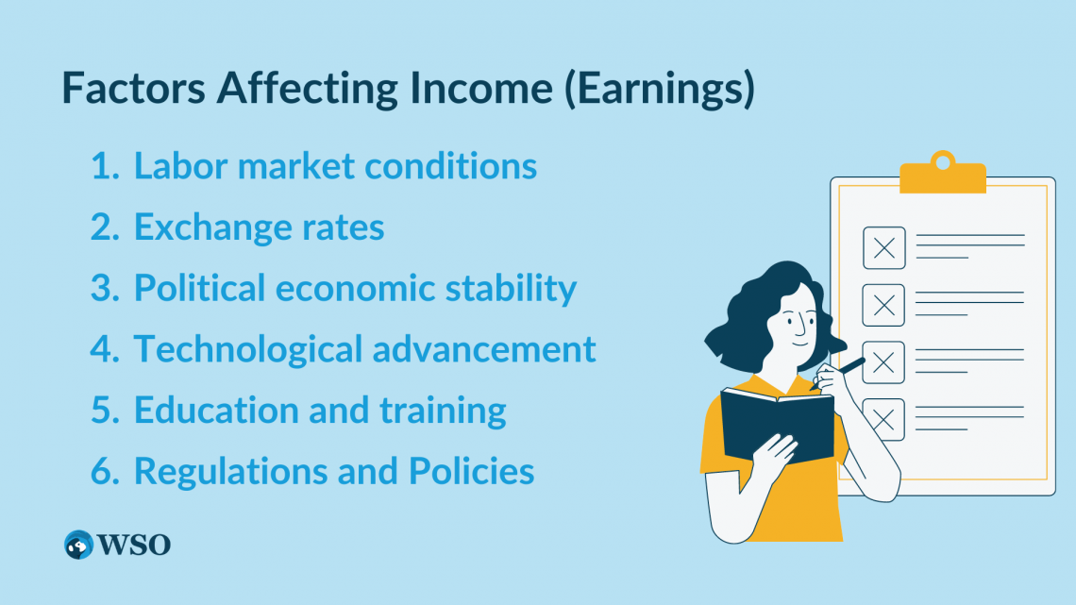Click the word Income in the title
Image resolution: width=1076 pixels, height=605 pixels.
[481, 88]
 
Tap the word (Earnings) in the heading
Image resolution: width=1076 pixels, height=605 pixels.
[660, 89]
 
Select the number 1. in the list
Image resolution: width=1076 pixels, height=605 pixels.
[105, 166]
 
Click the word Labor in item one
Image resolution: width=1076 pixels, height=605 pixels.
[179, 165]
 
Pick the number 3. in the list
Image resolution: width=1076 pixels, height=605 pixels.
[105, 288]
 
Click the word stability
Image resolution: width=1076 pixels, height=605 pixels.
[512, 288]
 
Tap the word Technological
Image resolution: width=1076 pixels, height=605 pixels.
[247, 349]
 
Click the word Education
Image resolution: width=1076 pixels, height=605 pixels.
[216, 411]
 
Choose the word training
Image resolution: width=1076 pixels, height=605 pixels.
[444, 411]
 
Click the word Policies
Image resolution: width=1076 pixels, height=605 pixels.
[471, 471]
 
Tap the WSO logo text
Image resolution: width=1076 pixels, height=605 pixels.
[134, 545]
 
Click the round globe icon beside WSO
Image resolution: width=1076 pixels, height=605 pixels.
[79, 545]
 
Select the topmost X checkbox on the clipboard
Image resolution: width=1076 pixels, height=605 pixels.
[883, 247]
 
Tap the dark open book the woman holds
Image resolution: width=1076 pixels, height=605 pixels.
[778, 426]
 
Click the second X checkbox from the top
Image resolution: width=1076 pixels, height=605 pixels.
[883, 305]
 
